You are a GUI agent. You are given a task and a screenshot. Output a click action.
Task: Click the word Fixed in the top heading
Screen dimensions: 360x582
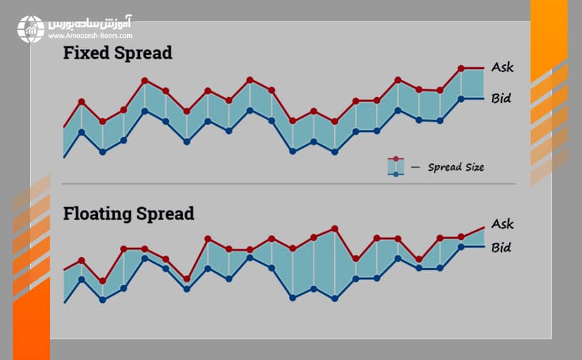pyautogui.click(x=85, y=54)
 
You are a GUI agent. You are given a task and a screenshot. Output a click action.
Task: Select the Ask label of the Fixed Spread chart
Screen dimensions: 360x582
pyautogui.click(x=503, y=67)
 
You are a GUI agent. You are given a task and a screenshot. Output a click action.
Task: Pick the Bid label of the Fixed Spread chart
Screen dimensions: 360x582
pyautogui.click(x=501, y=98)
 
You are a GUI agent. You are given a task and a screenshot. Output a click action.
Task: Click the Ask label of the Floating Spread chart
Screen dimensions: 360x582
pyautogui.click(x=503, y=224)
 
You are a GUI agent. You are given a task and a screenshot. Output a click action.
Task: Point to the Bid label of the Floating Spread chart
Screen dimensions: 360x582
pyautogui.click(x=501, y=248)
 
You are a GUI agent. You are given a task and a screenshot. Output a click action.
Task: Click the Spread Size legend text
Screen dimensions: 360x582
pyautogui.click(x=456, y=167)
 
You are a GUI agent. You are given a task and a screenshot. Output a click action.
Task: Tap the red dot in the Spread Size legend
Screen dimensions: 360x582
pyautogui.click(x=396, y=159)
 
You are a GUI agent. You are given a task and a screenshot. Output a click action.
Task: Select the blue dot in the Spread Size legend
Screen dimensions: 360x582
pyautogui.click(x=396, y=174)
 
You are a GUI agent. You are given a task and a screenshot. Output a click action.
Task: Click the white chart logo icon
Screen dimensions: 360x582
pyautogui.click(x=31, y=29)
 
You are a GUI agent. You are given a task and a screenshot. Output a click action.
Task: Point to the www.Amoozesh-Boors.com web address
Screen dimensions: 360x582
pyautogui.click(x=90, y=34)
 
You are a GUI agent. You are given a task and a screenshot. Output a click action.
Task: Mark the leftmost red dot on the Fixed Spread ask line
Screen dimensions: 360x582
pyautogui.click(x=81, y=101)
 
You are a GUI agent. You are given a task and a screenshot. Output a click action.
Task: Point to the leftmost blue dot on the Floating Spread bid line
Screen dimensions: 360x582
pyautogui.click(x=81, y=279)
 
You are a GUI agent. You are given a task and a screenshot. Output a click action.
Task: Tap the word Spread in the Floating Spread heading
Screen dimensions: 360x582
pyautogui.click(x=164, y=214)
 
